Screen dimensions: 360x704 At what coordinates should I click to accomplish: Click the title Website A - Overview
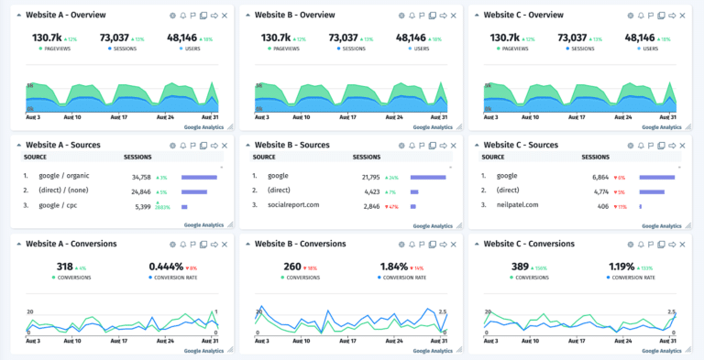[65, 15]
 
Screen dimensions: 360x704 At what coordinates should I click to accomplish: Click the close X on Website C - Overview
[683, 16]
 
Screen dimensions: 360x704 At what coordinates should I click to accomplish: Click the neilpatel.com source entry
[519, 206]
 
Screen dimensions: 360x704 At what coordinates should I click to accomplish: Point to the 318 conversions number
[67, 267]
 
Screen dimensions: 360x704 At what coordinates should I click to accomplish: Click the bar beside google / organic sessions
[199, 177]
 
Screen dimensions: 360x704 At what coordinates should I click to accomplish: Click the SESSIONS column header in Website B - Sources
[367, 158]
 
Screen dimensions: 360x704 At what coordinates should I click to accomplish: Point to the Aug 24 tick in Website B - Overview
[397, 116]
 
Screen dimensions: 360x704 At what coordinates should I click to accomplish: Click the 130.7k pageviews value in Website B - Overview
[275, 38]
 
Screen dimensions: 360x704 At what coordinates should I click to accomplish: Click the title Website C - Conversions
[529, 244]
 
